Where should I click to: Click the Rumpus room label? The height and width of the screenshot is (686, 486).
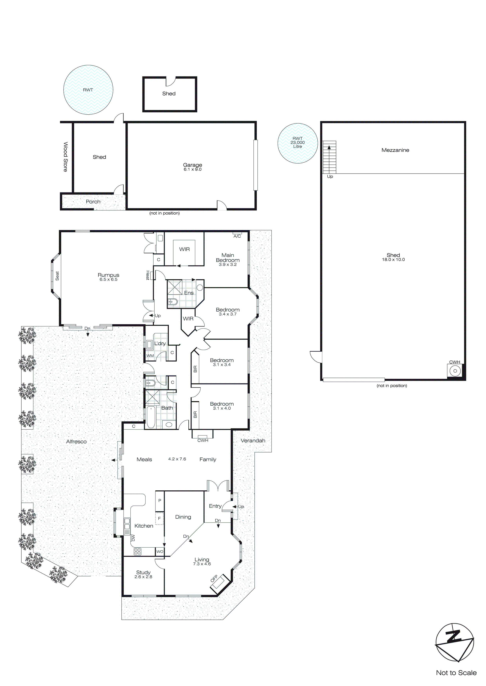(x=108, y=275)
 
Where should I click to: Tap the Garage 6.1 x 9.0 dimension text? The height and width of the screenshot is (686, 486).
(x=193, y=169)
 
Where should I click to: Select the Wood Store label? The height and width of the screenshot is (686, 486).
(x=65, y=157)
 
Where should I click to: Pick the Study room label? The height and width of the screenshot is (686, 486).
(x=143, y=572)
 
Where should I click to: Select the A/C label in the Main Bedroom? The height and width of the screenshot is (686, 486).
(x=237, y=236)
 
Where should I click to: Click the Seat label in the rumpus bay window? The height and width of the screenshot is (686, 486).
(x=57, y=276)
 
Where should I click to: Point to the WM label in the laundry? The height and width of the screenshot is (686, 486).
(x=150, y=356)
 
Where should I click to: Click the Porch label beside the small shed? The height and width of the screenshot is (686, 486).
(x=93, y=202)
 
